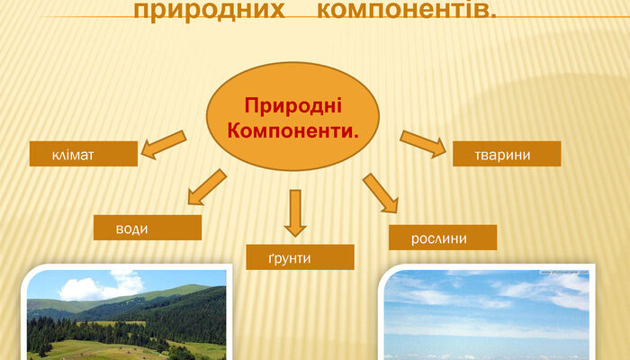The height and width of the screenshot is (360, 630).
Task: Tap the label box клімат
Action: tap(84, 154)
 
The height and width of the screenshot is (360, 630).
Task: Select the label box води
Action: tap(148, 228)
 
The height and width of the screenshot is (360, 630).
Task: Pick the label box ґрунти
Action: tap(300, 257)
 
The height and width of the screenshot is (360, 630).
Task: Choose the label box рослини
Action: tap(442, 238)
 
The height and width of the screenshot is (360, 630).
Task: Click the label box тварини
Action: tap(507, 154)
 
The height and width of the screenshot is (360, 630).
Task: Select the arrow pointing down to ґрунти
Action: tap(294, 212)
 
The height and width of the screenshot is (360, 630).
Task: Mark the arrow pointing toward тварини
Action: tap(423, 144)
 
